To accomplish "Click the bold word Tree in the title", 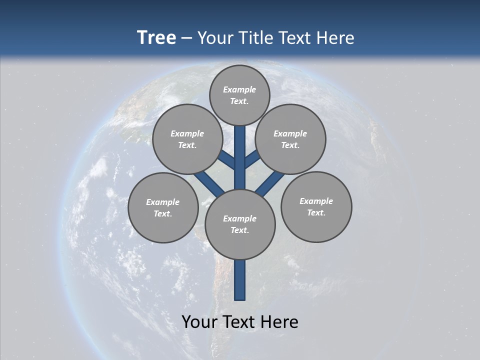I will click(x=156, y=38).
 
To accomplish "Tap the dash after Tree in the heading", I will click(x=186, y=38).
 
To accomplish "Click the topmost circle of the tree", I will click(x=239, y=95).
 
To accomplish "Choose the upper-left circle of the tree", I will click(x=187, y=139).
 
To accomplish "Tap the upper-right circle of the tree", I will click(x=290, y=139).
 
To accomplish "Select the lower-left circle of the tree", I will click(x=163, y=207).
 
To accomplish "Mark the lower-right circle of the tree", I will click(x=316, y=206).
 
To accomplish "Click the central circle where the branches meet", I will click(x=240, y=224).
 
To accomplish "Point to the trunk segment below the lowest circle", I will click(x=240, y=280).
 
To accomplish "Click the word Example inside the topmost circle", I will click(x=239, y=89).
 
